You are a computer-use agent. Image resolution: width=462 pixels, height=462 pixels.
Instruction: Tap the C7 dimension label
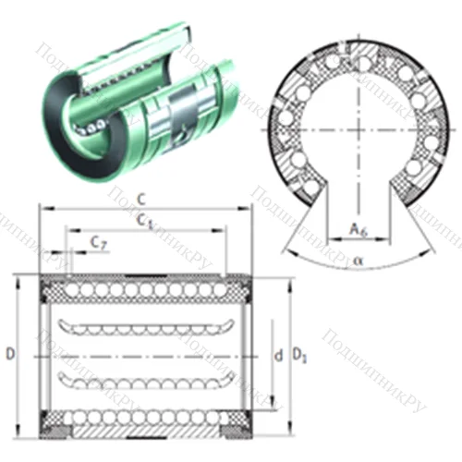click(x=98, y=242)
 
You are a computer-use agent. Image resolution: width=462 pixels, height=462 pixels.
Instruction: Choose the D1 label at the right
click(x=298, y=354)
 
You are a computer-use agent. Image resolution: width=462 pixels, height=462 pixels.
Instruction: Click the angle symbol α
click(x=358, y=261)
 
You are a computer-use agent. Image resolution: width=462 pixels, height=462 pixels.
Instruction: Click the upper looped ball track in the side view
click(x=139, y=326)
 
